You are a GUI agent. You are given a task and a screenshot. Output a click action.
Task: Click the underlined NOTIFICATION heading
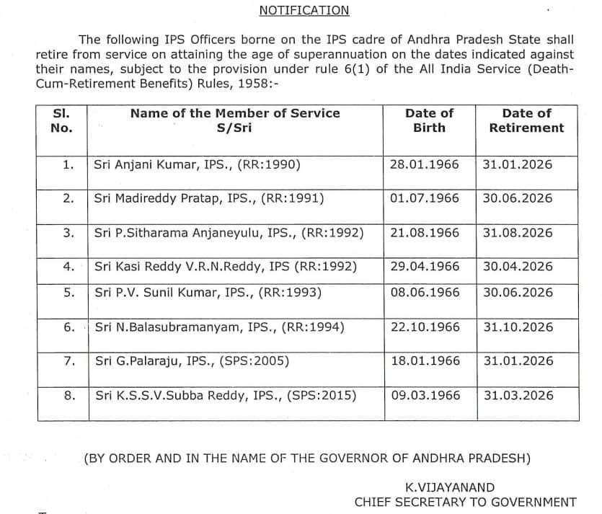[304, 10]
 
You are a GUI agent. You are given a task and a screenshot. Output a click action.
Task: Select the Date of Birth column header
[429, 120]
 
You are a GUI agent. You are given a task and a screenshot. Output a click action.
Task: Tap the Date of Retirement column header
[526, 120]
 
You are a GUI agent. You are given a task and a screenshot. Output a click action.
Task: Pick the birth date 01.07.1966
[424, 198]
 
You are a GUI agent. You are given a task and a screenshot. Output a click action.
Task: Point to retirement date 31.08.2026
[518, 233]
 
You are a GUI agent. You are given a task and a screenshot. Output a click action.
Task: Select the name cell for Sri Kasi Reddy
[226, 266]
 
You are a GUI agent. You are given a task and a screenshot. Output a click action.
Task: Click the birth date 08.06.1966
[424, 293]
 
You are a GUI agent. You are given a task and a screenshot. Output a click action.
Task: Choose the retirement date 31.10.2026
[518, 327]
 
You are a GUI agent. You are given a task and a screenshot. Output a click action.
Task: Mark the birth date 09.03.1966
[424, 395]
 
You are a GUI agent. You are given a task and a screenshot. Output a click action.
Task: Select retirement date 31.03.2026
[518, 395]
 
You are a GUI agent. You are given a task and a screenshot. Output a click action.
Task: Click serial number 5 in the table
[69, 293]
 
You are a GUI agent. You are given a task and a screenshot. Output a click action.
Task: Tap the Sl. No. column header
[62, 120]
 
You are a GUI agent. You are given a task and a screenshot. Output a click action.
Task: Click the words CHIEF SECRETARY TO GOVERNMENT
[465, 502]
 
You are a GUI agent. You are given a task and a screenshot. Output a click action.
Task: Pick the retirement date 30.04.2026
[518, 266]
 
